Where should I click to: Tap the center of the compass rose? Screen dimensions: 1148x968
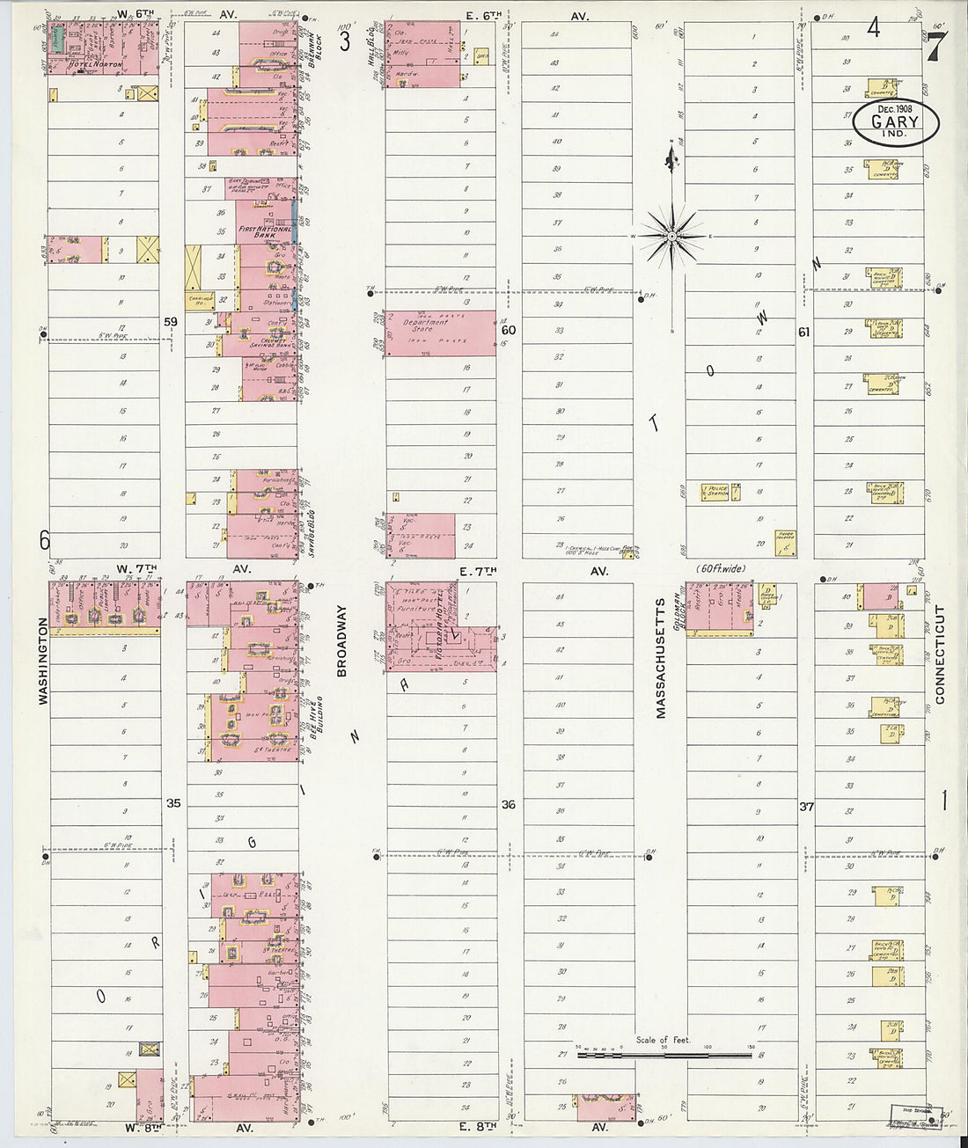pos(671,236)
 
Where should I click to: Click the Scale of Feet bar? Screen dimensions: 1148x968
pos(664,1054)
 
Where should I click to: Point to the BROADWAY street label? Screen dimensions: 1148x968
pos(342,640)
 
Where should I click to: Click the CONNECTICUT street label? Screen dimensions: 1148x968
pos(939,654)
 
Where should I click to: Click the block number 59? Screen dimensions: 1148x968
pos(172,322)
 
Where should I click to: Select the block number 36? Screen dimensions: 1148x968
pos(508,804)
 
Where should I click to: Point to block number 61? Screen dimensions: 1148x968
pos(803,333)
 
